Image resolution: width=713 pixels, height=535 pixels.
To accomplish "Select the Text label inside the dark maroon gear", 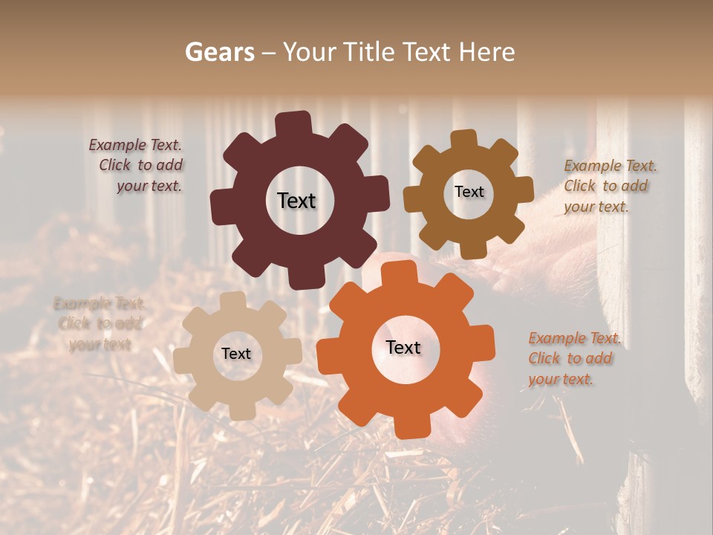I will coord(296,201).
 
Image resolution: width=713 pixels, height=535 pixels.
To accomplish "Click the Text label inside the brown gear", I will coord(469,192).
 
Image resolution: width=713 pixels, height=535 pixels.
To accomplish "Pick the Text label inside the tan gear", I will coord(236,354).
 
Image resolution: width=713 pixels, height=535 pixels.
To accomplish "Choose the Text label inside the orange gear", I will coord(403,347).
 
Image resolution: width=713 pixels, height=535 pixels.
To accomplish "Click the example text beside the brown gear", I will coord(610,186).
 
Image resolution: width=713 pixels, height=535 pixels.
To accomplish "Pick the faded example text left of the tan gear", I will coord(99,323).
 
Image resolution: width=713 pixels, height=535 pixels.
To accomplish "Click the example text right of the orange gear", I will coord(573,358).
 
